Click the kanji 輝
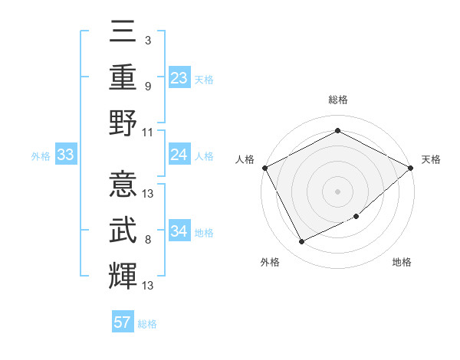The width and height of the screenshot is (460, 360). (x=123, y=274)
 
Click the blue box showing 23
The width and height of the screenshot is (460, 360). (x=179, y=78)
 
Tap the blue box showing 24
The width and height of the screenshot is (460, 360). (x=179, y=155)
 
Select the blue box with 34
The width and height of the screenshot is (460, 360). (x=179, y=232)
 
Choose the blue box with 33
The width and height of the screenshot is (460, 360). (x=66, y=155)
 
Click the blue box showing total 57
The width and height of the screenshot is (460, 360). (x=123, y=322)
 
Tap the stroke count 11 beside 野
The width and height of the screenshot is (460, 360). (x=148, y=131)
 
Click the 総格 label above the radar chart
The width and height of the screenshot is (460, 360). (x=337, y=100)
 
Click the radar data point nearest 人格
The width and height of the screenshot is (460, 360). (x=264, y=167)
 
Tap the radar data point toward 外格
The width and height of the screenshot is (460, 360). (x=301, y=242)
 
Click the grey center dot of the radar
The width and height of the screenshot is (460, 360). (x=337, y=191)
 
